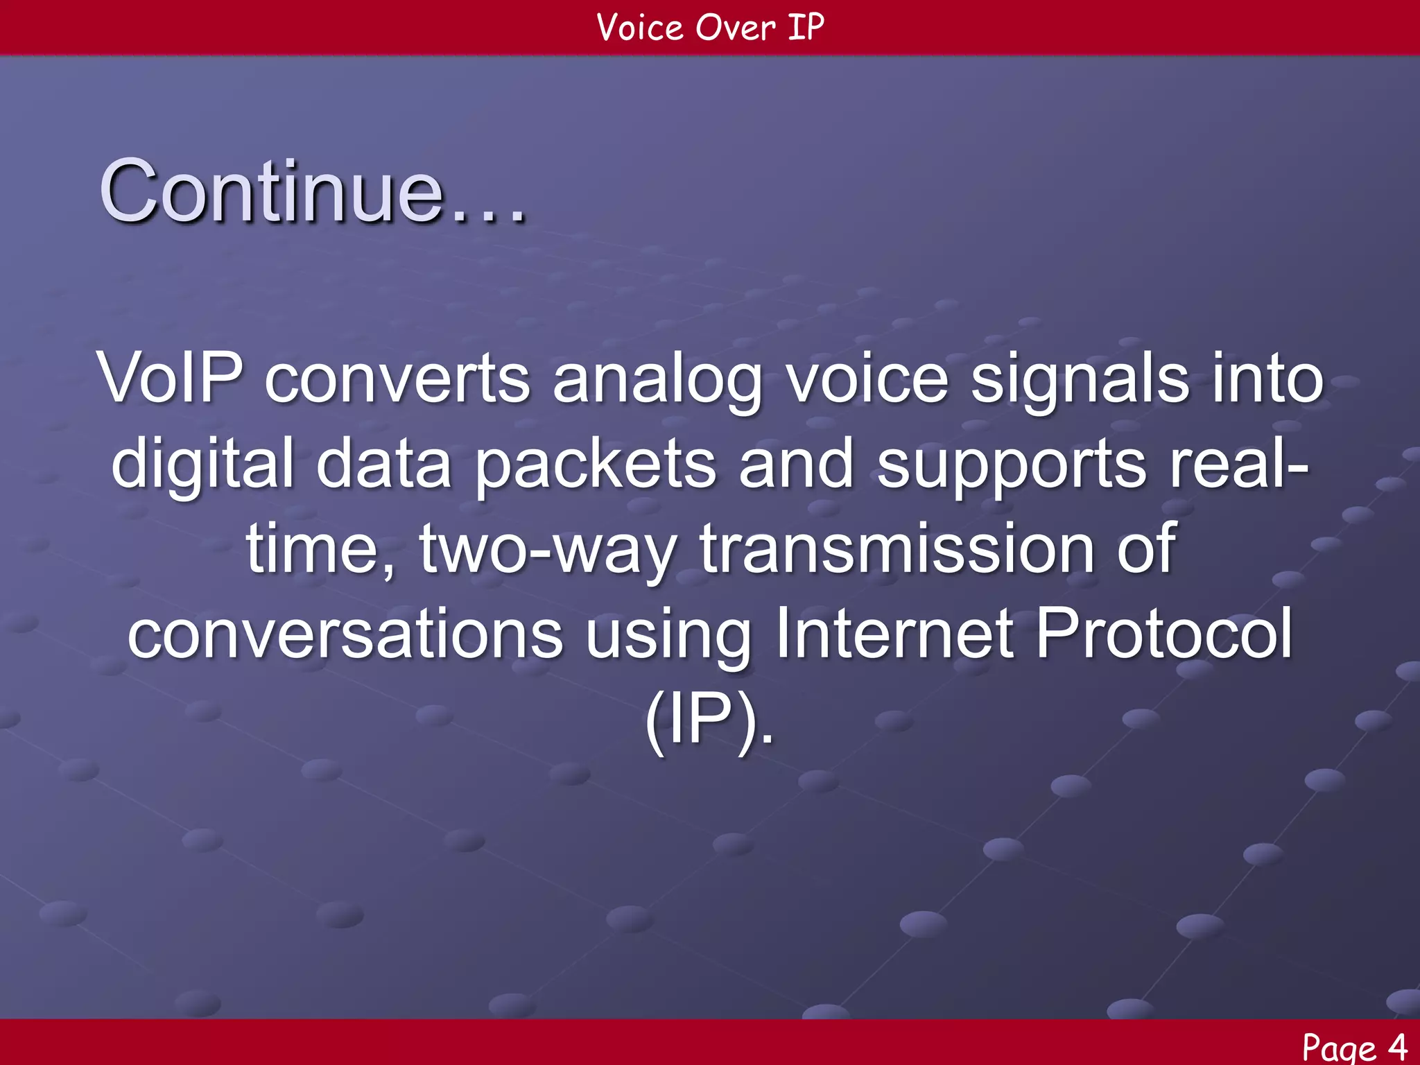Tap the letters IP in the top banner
point(806,28)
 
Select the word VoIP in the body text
point(171,379)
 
